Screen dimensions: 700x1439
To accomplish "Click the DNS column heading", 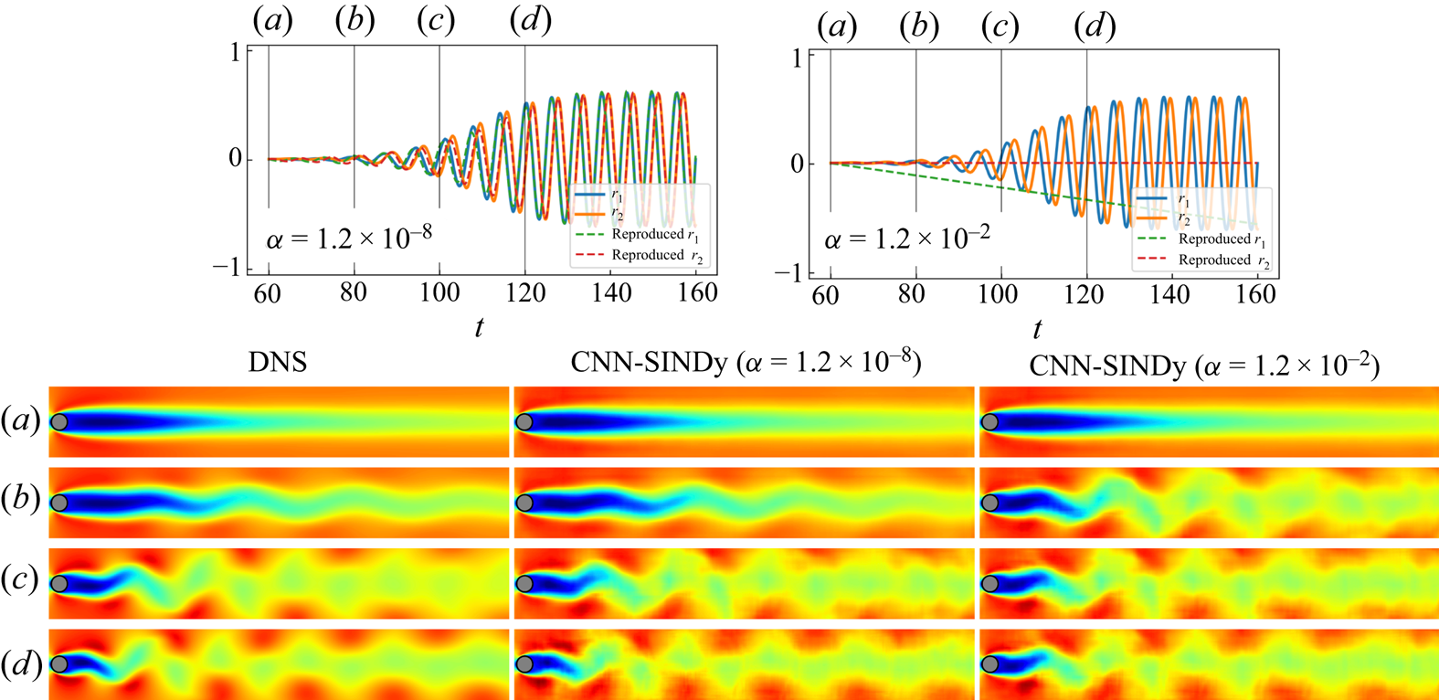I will tap(278, 363).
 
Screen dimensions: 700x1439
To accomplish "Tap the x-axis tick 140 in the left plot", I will tap(611, 292).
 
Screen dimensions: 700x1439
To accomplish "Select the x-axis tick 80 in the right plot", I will tap(911, 294).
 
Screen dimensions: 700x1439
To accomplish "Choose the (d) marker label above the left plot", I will tap(530, 21).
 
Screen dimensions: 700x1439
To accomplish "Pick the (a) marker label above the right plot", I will tap(836, 27).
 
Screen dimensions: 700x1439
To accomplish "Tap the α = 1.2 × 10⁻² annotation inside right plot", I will tap(907, 240).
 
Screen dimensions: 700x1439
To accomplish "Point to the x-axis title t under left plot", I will tap(479, 327).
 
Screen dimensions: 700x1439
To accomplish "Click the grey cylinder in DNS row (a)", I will tap(59, 422).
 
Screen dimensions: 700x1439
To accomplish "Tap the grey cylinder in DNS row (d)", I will tap(59, 663).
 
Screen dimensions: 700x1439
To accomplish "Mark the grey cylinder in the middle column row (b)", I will tap(524, 503).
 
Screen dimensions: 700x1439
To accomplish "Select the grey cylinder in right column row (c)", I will tap(989, 583).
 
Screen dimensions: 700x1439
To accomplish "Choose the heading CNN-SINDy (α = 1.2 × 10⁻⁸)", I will tap(746, 363).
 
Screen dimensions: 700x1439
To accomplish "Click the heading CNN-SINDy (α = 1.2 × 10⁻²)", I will tap(1204, 366).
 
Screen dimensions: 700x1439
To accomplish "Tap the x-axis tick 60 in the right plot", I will tap(826, 294).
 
